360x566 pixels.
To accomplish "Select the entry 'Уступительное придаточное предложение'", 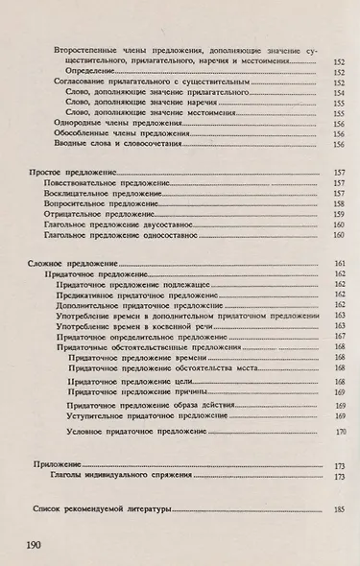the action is coord(145,415).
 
